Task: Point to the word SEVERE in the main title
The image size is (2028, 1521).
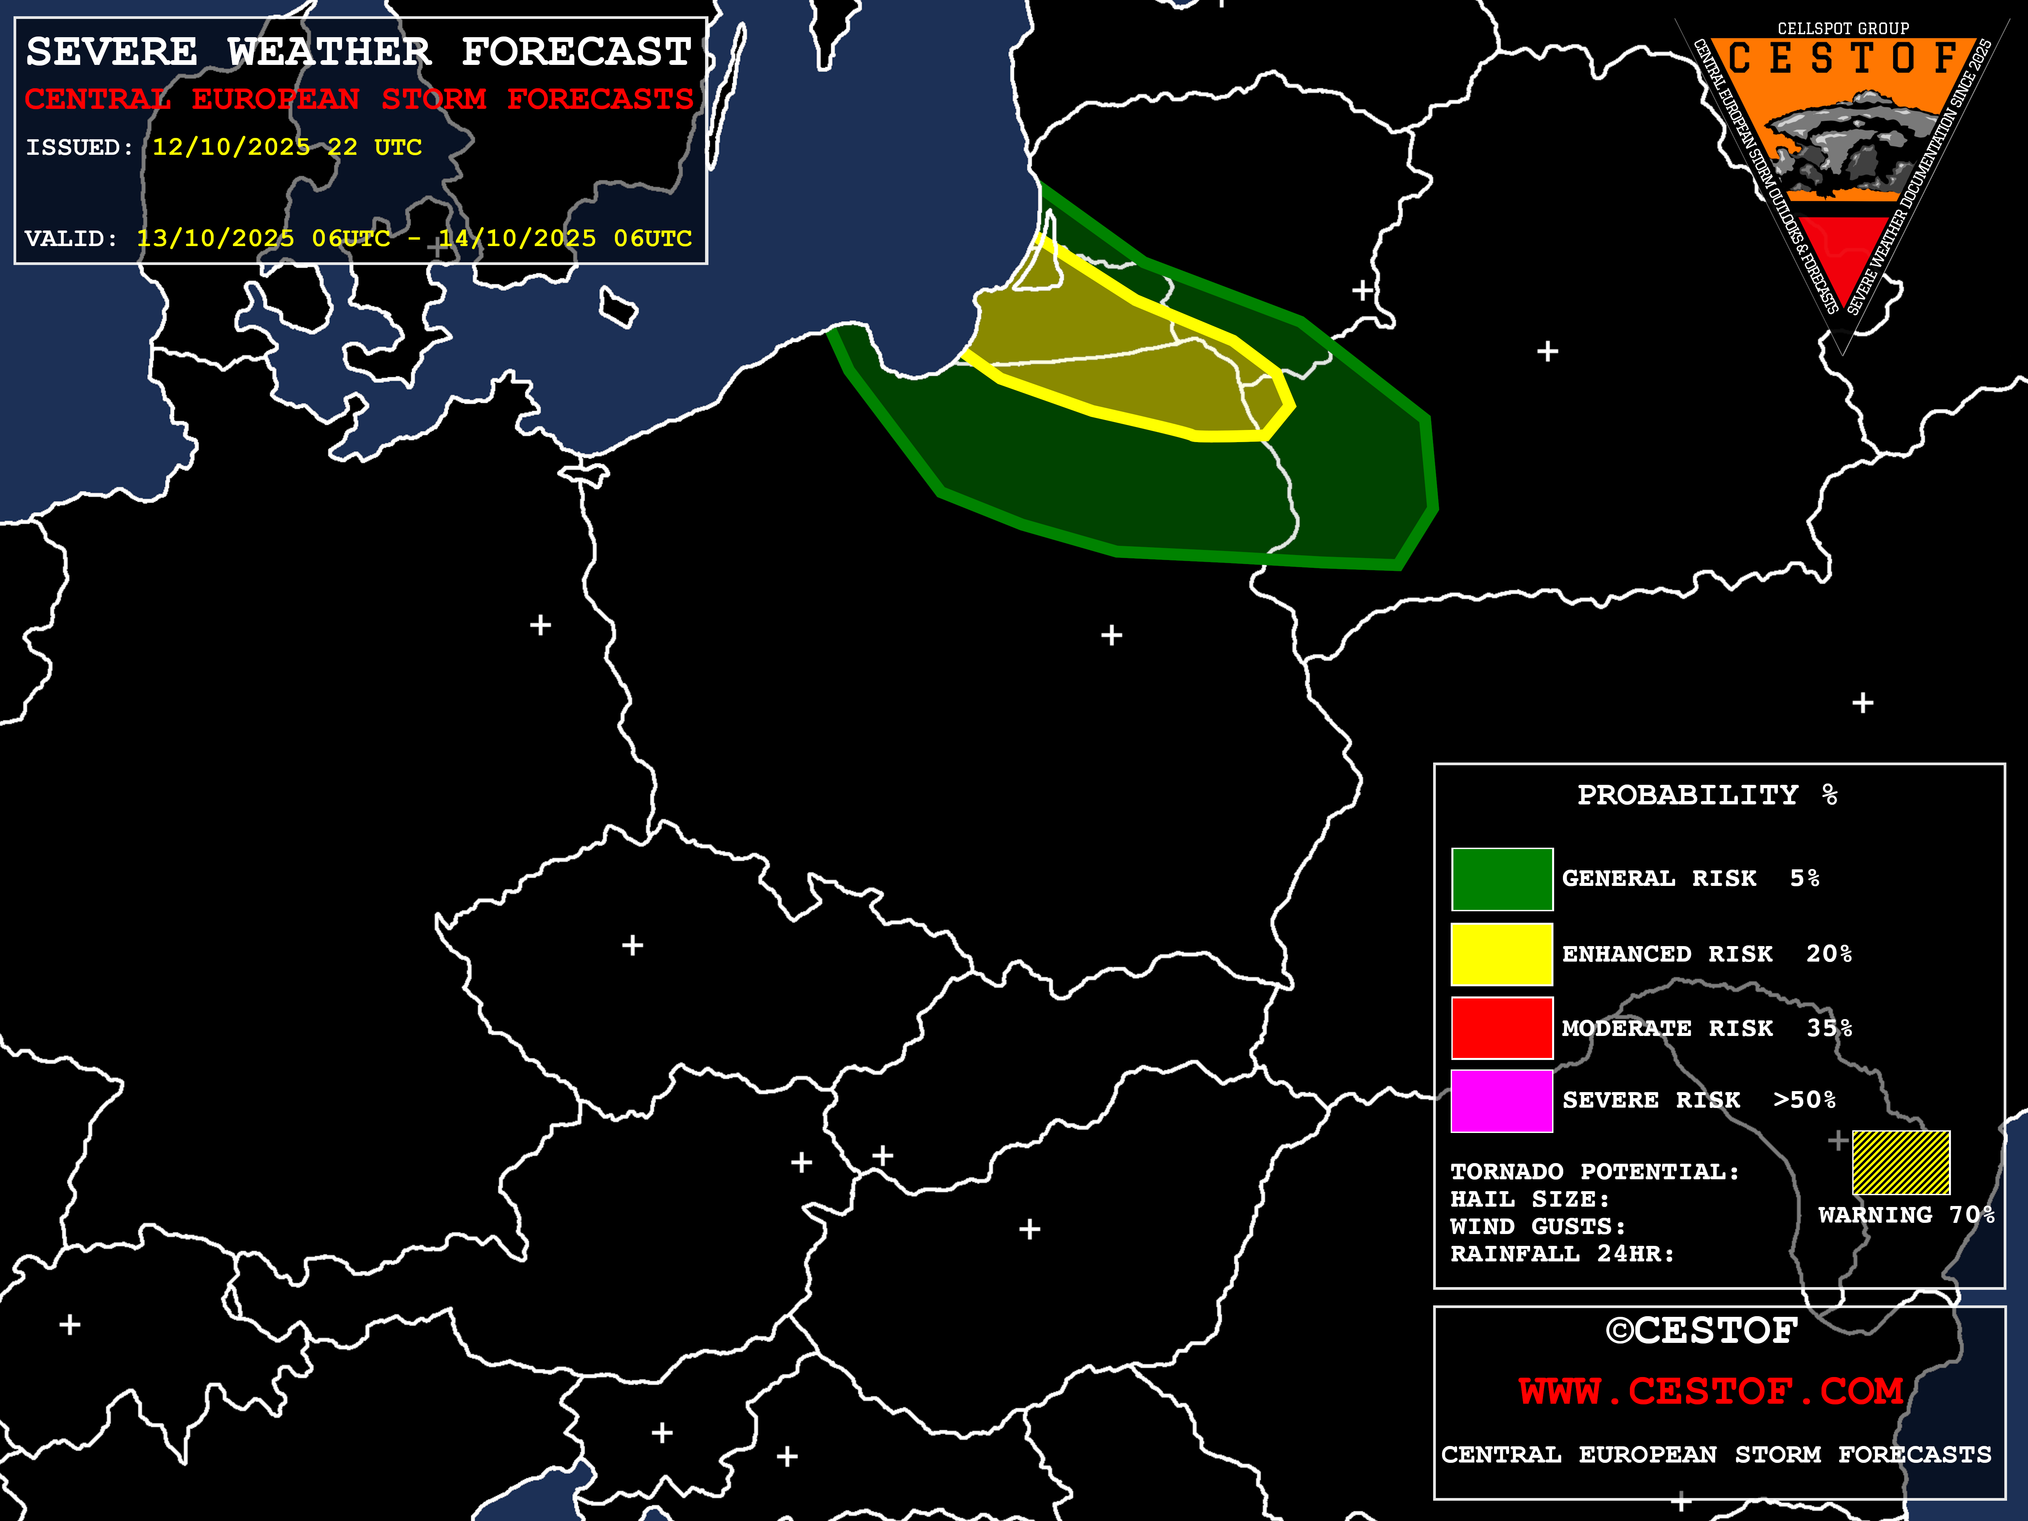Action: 112,52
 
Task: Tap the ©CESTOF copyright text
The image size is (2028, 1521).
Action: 1701,1330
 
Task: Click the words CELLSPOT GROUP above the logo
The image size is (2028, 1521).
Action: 1843,28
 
